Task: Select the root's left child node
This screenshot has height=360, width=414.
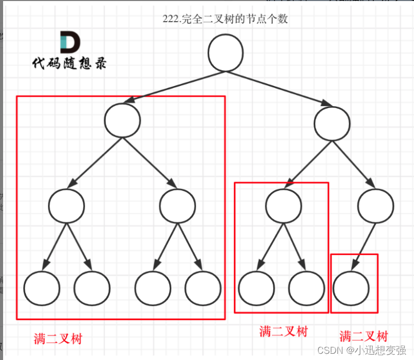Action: (x=123, y=119)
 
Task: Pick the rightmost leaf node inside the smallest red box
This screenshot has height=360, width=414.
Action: (x=351, y=287)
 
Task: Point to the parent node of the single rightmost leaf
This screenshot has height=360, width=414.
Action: (x=376, y=205)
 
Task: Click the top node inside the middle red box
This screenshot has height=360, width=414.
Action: (x=284, y=205)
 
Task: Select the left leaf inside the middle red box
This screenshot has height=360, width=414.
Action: (x=256, y=287)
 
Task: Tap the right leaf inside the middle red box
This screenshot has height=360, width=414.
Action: (x=306, y=287)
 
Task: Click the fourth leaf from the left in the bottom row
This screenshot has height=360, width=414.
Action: (x=203, y=287)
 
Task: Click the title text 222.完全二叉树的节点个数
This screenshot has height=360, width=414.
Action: (x=225, y=20)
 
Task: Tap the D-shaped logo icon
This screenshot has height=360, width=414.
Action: (x=69, y=42)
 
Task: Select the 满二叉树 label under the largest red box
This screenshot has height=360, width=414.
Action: (x=58, y=339)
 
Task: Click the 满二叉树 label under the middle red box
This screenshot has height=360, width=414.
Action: (x=284, y=331)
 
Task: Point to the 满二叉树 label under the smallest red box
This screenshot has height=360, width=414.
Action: (x=364, y=336)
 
